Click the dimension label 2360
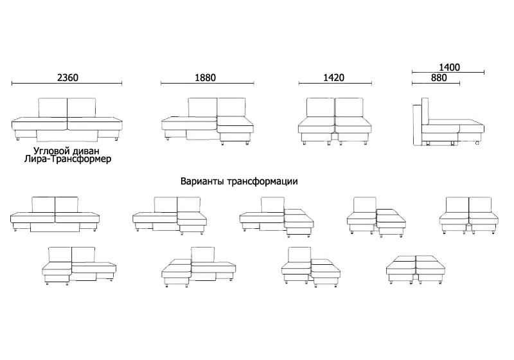[x=68, y=78]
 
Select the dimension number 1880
[x=205, y=78]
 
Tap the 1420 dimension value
[x=333, y=78]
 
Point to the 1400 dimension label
[x=449, y=67]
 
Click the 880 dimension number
[x=439, y=78]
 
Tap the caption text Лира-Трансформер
[x=68, y=159]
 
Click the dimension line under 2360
[x=67, y=84]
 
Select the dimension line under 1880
[x=207, y=84]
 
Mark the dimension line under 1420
[x=335, y=84]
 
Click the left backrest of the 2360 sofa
[x=53, y=107]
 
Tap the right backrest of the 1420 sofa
[x=349, y=107]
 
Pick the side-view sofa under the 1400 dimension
[x=448, y=122]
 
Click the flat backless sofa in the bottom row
[x=416, y=269]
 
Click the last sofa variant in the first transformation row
[x=469, y=215]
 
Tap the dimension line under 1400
[x=448, y=72]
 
